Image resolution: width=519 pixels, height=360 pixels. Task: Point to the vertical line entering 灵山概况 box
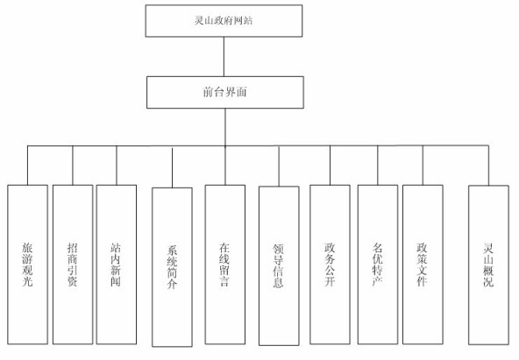(488, 165)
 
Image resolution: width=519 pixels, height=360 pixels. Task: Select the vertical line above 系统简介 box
(172, 166)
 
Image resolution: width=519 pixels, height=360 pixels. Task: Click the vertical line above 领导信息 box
(279, 166)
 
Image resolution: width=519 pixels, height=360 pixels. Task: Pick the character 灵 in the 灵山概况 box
(488, 247)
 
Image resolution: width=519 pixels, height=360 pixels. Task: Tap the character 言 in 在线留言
(225, 285)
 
